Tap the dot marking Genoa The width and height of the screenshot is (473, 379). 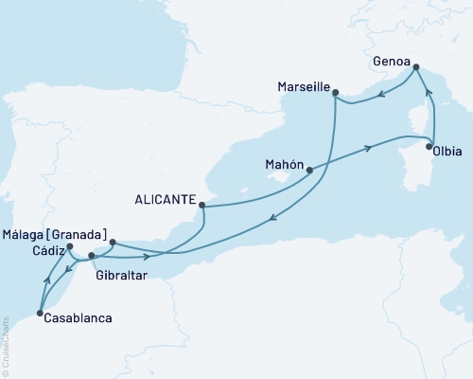point(414,66)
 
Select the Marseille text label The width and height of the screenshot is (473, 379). point(303,87)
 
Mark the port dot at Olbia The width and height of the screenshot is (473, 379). point(430,147)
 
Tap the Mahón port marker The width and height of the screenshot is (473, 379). point(309,171)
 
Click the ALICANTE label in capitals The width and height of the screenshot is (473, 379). point(166,200)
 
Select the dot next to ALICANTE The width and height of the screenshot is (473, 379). point(201,201)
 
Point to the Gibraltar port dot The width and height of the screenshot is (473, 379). point(91,256)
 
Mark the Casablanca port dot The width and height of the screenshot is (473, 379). point(39,313)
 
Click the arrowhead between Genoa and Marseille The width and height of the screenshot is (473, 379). point(378,94)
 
